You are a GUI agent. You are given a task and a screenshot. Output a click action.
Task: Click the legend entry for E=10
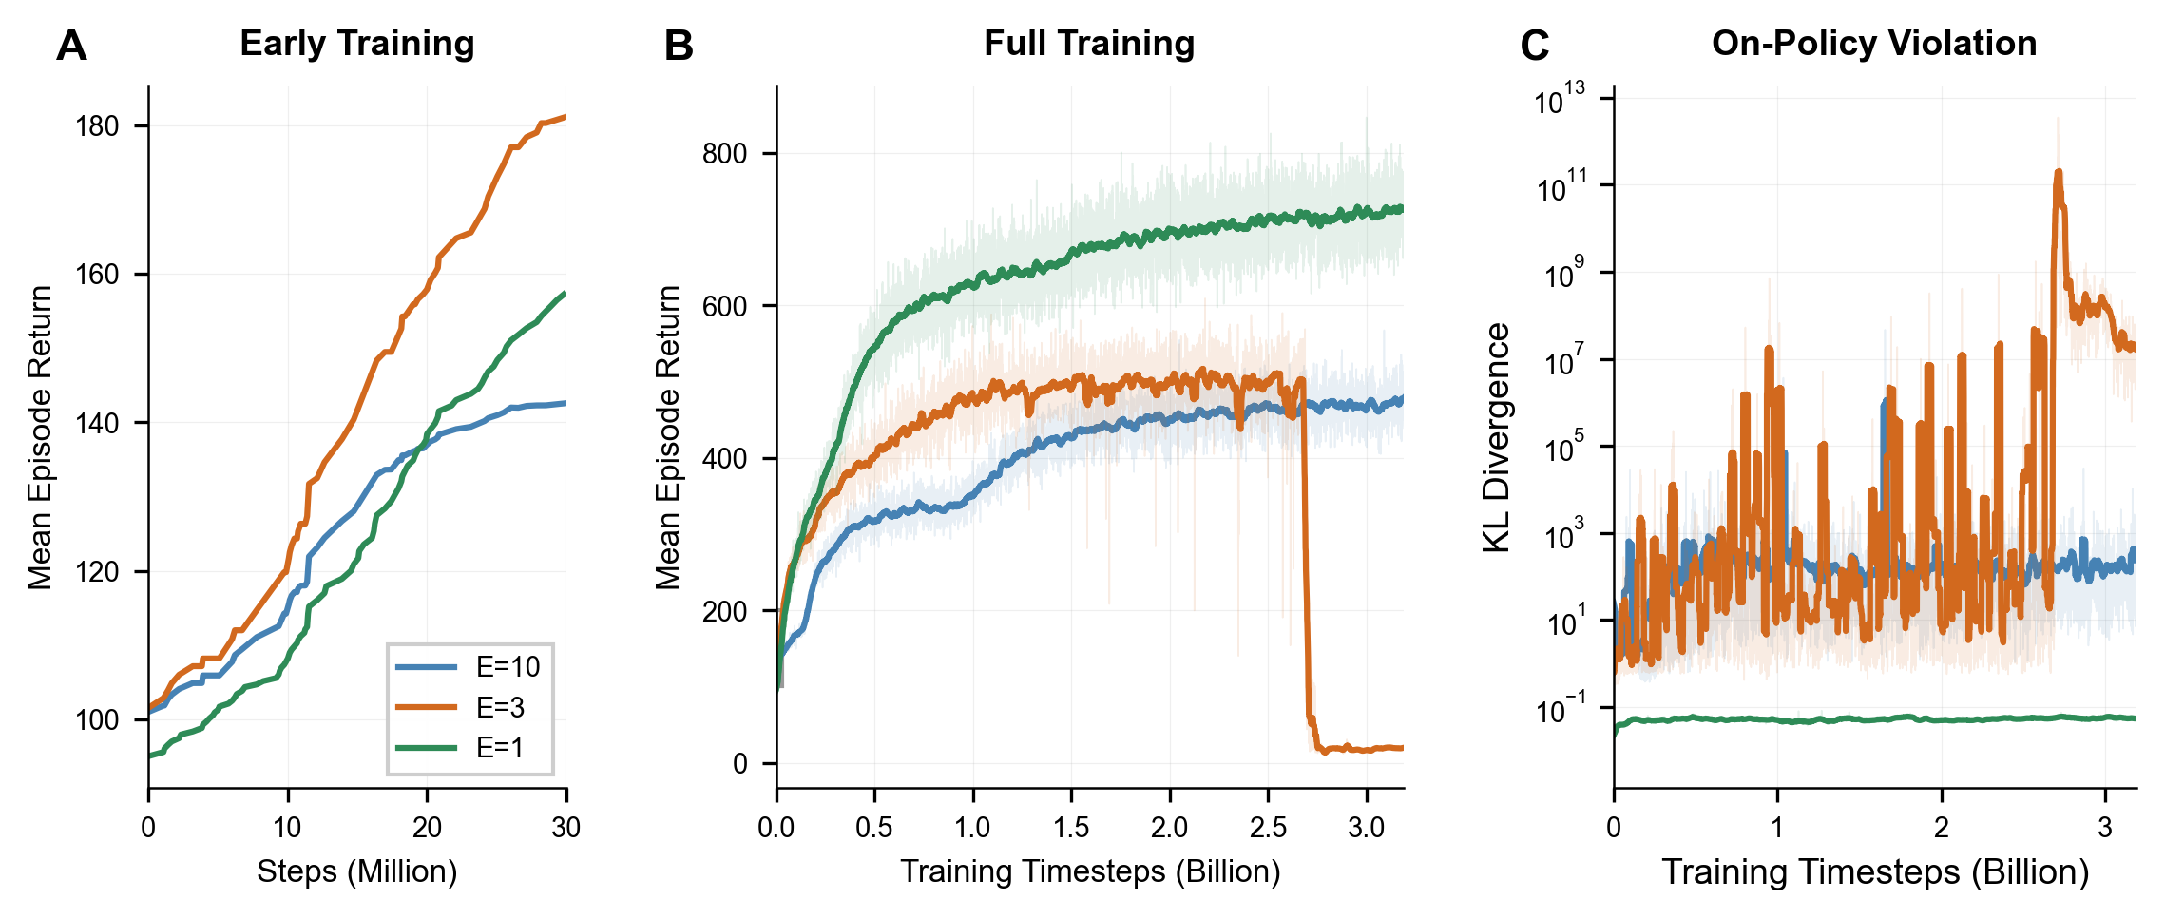coord(508,667)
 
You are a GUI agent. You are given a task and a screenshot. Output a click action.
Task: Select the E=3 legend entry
coord(500,707)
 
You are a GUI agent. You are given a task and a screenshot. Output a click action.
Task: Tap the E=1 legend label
coord(500,748)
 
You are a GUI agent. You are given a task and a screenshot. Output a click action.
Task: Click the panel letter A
coord(71,46)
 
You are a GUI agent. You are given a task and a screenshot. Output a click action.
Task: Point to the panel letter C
coord(1535,46)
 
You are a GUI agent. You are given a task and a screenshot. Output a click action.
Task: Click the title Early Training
coord(356,44)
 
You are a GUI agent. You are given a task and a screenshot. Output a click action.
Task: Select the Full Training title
coord(1089,44)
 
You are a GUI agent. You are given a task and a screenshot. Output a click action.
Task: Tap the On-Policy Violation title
coord(1874,44)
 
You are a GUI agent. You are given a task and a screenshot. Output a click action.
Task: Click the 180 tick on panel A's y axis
coord(98,126)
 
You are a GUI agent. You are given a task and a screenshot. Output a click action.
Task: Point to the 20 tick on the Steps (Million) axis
coord(427,828)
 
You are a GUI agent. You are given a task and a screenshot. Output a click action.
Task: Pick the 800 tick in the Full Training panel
coord(724,154)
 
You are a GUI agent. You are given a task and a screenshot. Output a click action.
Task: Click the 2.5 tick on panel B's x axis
coord(1268,828)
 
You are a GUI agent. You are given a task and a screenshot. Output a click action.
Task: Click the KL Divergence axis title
coord(1497,437)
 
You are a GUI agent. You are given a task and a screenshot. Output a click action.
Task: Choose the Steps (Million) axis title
coord(356,871)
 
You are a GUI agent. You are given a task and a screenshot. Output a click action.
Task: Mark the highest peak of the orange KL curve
coord(2059,173)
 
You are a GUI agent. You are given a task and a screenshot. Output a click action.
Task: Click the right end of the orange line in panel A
coord(565,118)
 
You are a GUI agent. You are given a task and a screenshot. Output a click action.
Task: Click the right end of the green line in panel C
coord(2135,718)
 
